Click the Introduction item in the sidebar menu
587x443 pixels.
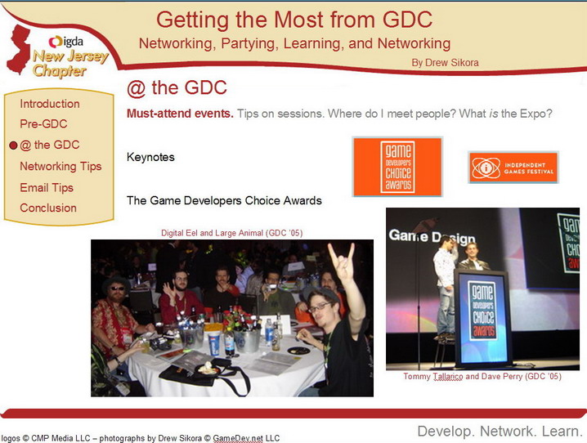tap(50, 104)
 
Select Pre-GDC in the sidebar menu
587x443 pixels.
tap(43, 124)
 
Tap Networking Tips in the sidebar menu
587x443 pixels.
tap(60, 166)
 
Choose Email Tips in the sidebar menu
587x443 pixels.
tap(47, 187)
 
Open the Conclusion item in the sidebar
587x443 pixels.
tap(48, 208)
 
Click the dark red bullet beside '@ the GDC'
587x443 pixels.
tap(13, 145)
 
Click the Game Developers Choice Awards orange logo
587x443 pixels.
tap(397, 167)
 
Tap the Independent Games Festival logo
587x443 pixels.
tap(513, 168)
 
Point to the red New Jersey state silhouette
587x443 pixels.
tap(19, 49)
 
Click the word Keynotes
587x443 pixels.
tap(150, 157)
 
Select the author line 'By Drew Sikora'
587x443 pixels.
tap(445, 62)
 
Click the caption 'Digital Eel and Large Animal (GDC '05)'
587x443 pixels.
tap(231, 233)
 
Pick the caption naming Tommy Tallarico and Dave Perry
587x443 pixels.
tap(482, 376)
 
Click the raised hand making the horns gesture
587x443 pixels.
tap(341, 262)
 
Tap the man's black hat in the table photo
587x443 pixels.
tap(116, 284)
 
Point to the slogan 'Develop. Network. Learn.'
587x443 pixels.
tap(500, 431)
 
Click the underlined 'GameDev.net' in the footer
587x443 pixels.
tap(237, 438)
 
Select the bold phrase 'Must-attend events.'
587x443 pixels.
tap(180, 114)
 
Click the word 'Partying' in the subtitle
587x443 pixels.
tap(249, 44)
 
